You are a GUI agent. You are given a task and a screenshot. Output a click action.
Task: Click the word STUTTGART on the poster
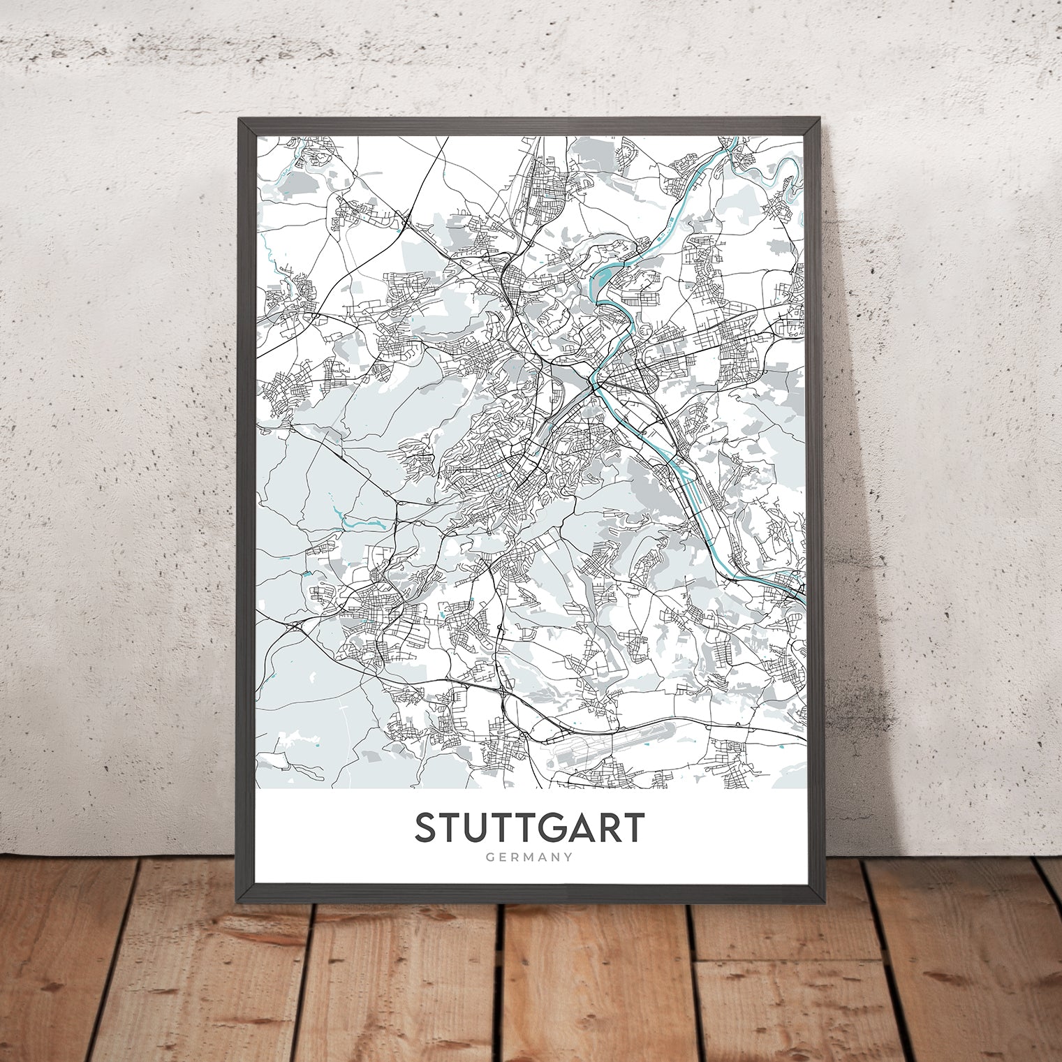pos(529,828)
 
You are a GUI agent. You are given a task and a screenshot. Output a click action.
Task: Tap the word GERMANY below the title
pos(529,857)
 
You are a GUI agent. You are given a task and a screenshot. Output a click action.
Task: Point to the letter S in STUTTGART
pos(427,828)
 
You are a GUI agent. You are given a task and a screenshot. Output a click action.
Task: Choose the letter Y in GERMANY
pos(568,857)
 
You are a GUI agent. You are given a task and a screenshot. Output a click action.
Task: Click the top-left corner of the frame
pos(239,119)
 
